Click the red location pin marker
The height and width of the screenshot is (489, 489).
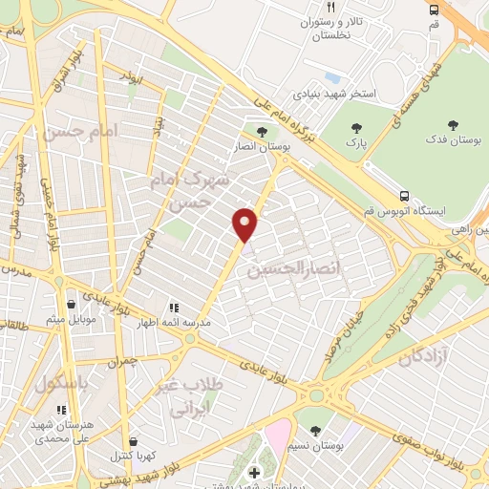pyautogui.click(x=245, y=224)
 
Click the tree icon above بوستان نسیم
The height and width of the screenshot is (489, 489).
pyautogui.click(x=315, y=432)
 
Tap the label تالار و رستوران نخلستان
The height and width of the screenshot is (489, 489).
pyautogui.click(x=321, y=28)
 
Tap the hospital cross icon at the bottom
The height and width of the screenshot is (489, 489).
pyautogui.click(x=253, y=475)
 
